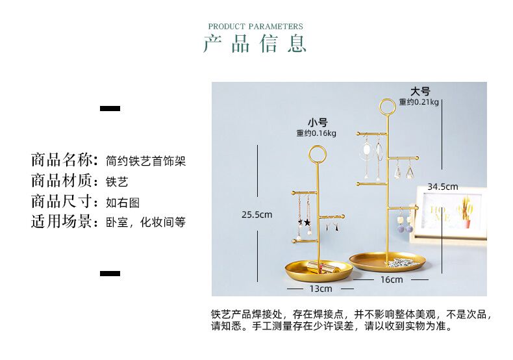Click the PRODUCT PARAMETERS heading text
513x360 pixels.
point(255,27)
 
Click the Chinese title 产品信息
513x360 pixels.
point(255,44)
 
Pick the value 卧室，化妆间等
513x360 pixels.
point(145,222)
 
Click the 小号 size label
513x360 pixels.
point(318,122)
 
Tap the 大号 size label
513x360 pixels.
point(419,92)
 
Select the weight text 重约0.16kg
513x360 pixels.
point(316,133)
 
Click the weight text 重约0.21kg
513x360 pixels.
point(419,102)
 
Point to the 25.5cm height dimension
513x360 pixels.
point(256,214)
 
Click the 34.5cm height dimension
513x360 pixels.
point(442,186)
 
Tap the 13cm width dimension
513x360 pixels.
point(320,289)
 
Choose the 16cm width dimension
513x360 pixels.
point(391,280)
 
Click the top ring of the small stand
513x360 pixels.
point(318,154)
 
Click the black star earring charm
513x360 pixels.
point(307,222)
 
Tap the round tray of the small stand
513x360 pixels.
point(319,268)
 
